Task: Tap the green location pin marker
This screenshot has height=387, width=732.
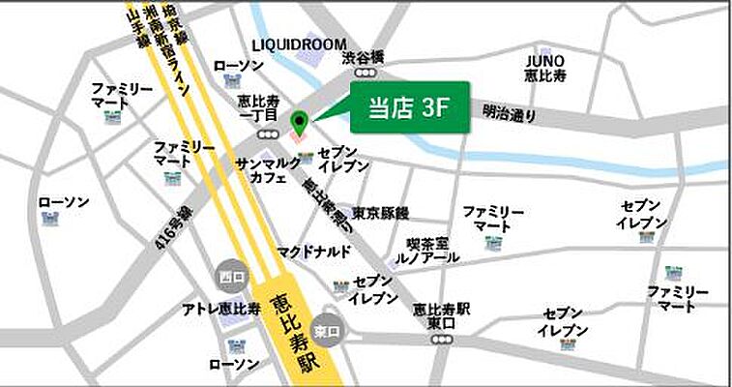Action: point(300,123)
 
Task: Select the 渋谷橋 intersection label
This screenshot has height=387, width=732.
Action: point(365,57)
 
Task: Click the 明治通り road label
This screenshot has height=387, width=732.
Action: point(509,114)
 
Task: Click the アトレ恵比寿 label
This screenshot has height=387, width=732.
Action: point(221,309)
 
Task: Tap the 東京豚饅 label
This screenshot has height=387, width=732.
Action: point(379,212)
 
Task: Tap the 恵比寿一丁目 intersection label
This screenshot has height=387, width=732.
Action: point(258,107)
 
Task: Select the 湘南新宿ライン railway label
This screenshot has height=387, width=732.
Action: point(164,48)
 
